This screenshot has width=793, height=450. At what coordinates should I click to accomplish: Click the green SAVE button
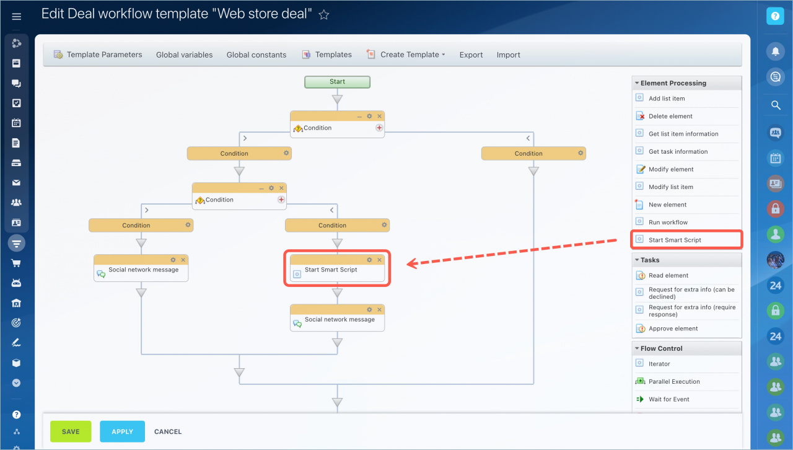tap(71, 431)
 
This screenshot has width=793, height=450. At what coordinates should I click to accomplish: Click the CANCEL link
tap(168, 431)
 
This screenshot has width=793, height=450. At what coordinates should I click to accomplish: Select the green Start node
tap(338, 82)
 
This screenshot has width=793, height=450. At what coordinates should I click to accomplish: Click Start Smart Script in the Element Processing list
tap(675, 240)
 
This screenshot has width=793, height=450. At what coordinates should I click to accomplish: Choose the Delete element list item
tap(670, 117)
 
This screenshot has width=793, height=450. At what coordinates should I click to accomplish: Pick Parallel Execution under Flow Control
tap(674, 381)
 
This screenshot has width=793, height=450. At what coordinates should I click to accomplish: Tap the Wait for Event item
tap(668, 399)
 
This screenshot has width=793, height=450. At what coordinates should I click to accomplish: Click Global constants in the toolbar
tap(256, 55)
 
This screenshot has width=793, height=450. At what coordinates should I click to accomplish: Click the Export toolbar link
tap(471, 55)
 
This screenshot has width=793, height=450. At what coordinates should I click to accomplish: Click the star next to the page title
tap(323, 14)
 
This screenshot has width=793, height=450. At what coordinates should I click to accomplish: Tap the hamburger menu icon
tap(16, 16)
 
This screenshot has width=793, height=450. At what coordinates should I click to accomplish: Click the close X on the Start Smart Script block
tap(380, 260)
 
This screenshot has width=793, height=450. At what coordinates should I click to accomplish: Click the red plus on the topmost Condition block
tap(379, 128)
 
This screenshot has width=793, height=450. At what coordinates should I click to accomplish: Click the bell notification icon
tap(775, 51)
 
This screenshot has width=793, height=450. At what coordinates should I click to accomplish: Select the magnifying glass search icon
tap(776, 105)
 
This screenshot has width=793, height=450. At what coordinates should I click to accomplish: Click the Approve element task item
tap(673, 329)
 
